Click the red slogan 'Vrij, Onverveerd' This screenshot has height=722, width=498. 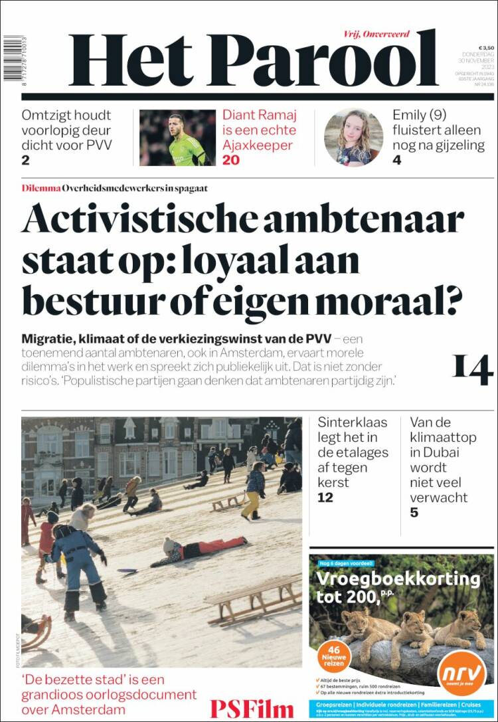point(376,34)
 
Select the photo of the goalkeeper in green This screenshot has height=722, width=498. point(177,137)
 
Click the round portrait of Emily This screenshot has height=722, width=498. point(353,137)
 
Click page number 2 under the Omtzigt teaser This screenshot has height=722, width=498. point(25,159)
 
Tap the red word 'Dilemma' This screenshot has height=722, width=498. point(41,188)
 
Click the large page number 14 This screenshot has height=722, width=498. point(473,369)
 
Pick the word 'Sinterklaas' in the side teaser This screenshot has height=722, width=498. point(349,422)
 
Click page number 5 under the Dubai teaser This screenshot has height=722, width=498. point(414,512)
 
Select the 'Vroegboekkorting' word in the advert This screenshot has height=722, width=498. point(398,579)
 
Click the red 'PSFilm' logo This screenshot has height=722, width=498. point(252,708)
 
